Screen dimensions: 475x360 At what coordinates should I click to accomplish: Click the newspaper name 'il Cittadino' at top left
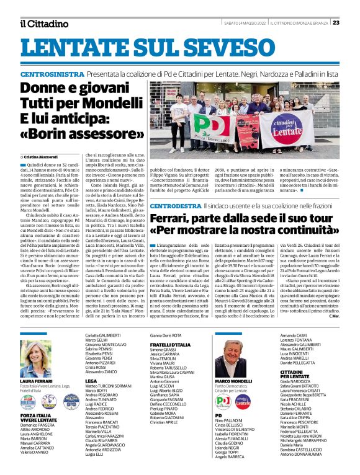point(43,24)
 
